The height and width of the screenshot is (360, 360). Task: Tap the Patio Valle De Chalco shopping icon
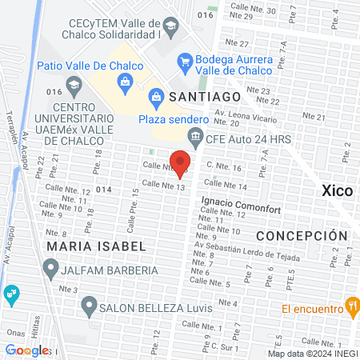click(x=126, y=81)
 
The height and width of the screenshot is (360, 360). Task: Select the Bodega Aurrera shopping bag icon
click(x=185, y=60)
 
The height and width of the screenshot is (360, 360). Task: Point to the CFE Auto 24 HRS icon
click(x=194, y=137)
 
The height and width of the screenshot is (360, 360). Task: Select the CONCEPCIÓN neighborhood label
click(x=302, y=236)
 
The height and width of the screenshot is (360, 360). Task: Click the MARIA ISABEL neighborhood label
click(x=96, y=246)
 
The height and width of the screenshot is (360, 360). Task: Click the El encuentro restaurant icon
click(x=350, y=306)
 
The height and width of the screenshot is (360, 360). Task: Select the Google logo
click(x=27, y=350)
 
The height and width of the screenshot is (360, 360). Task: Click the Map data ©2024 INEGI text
click(x=313, y=354)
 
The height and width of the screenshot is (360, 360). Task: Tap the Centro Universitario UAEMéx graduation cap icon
click(x=73, y=83)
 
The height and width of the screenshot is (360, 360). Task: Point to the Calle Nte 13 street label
click(x=169, y=186)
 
